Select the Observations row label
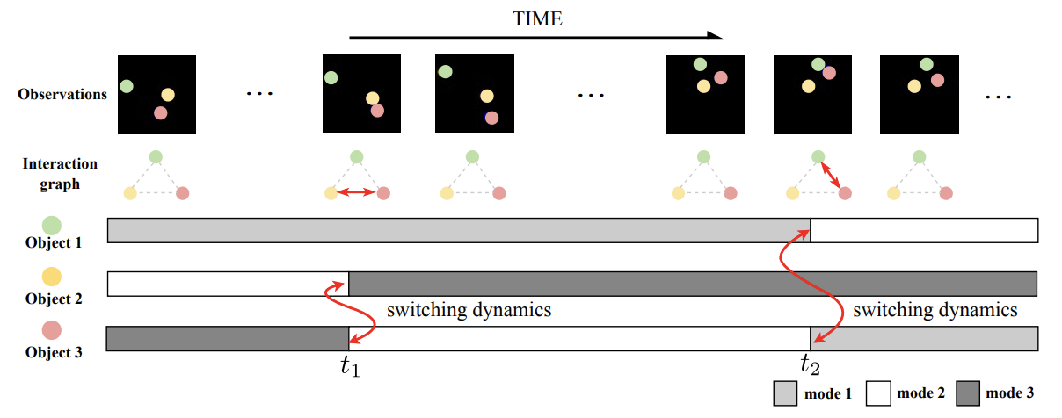tap(62, 94)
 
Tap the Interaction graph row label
tap(60, 174)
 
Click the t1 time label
tap(350, 366)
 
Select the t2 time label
tap(811, 364)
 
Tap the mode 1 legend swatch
tap(785, 393)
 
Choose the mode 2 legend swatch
tap(879, 393)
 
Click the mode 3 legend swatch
tap(971, 393)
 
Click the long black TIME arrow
tap(535, 37)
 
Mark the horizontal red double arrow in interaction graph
tap(357, 192)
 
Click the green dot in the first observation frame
tap(127, 86)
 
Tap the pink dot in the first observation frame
tap(160, 112)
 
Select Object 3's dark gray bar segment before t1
tap(228, 338)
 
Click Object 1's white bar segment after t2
tap(924, 231)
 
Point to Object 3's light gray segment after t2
tap(924, 338)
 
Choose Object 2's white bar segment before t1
tap(228, 284)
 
